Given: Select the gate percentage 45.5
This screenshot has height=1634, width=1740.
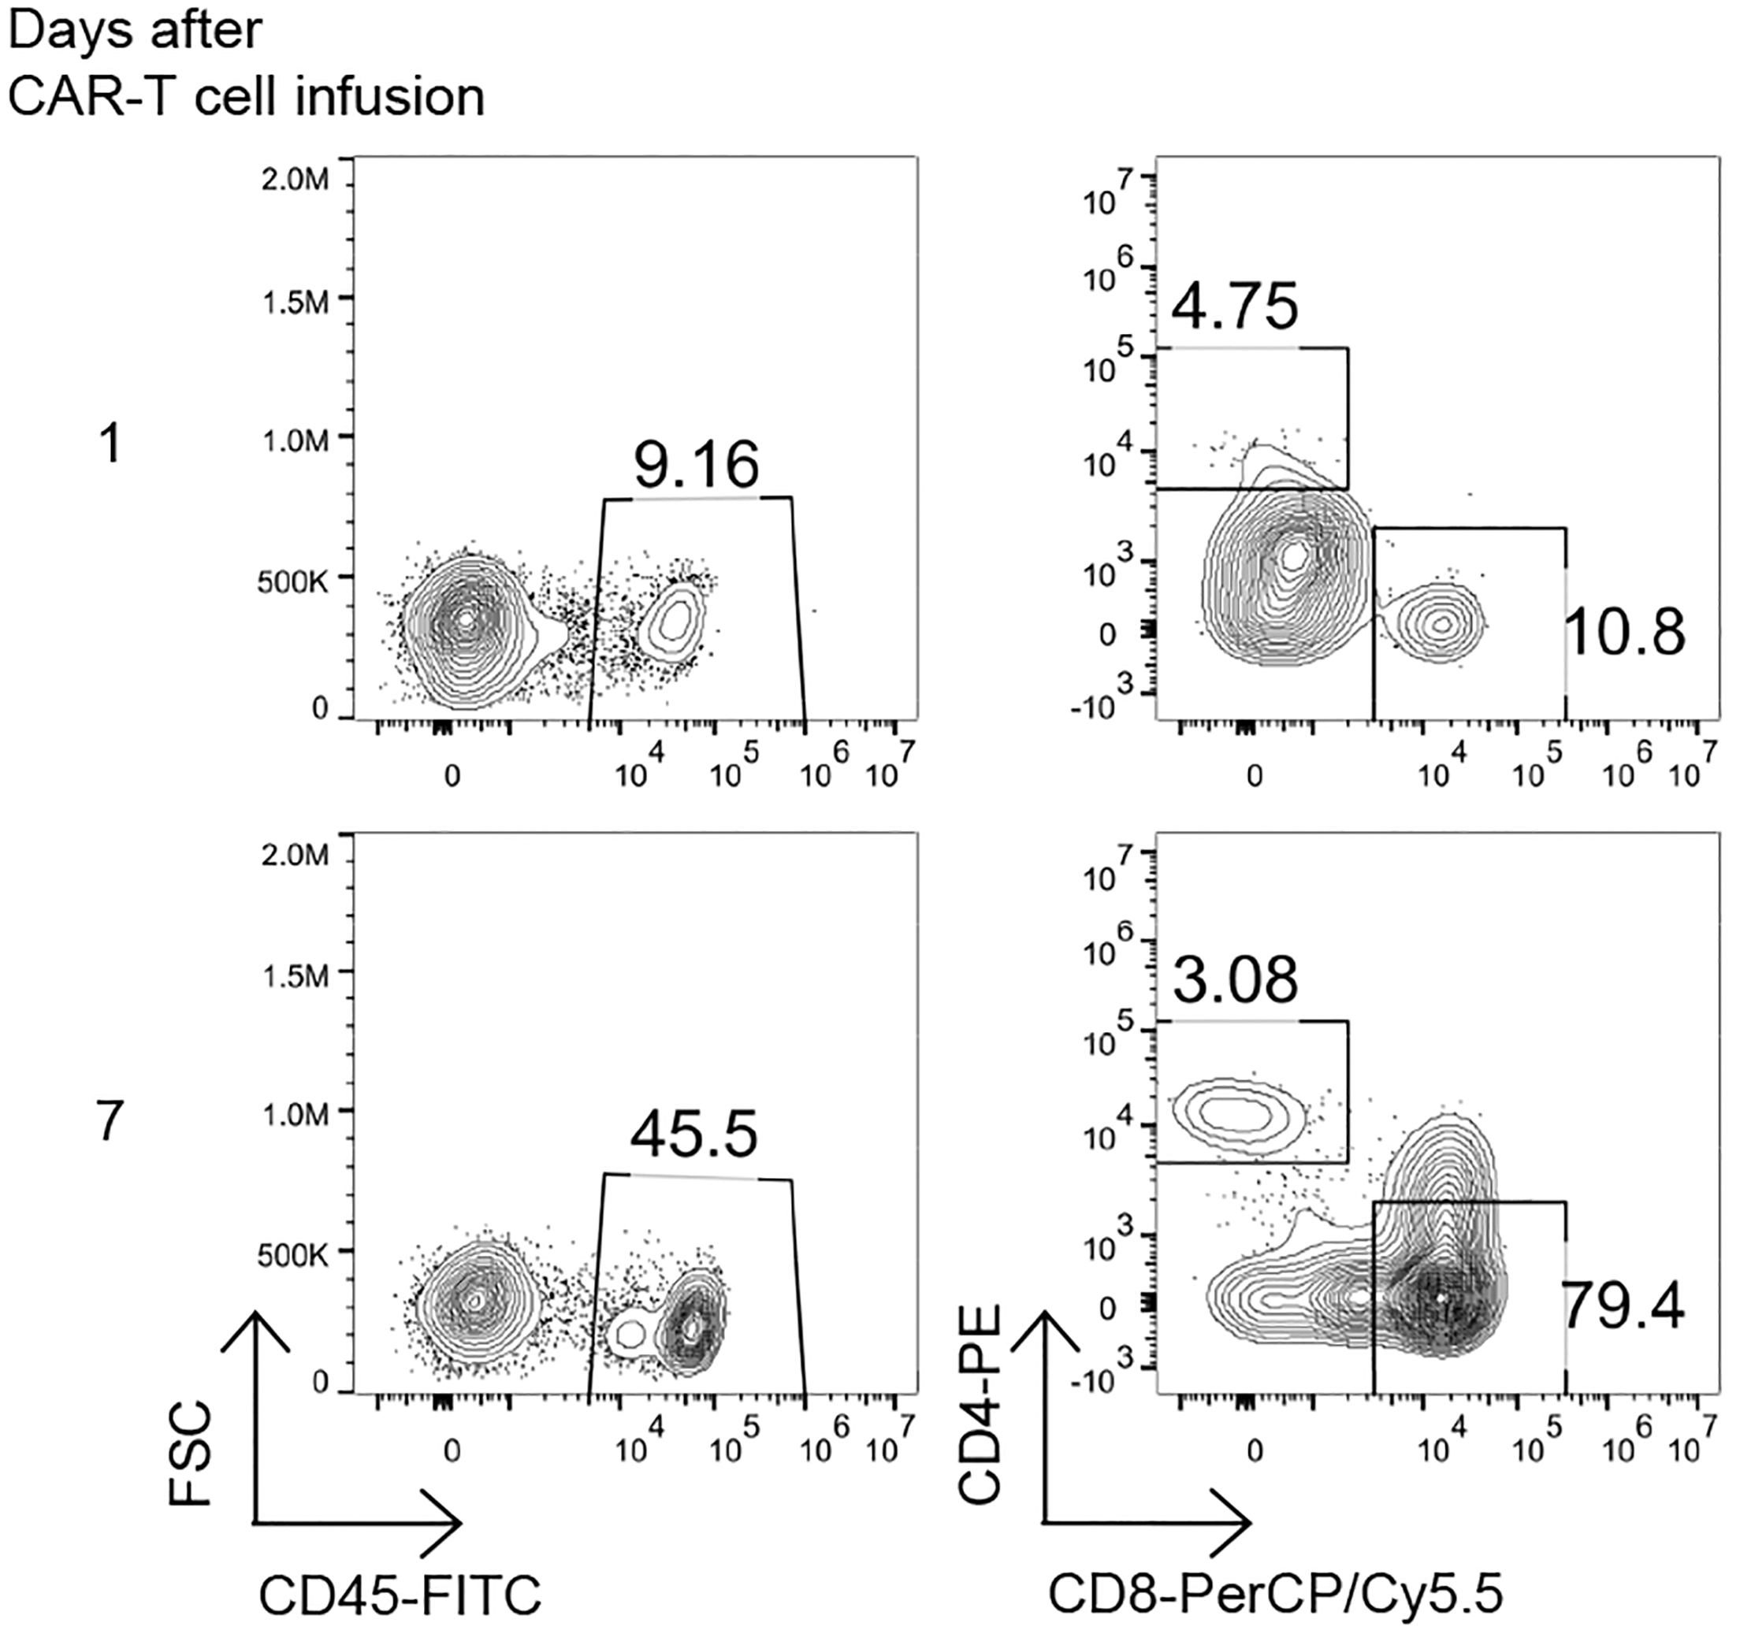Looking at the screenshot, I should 693,1135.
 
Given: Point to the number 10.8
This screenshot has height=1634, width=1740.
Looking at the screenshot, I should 1623,633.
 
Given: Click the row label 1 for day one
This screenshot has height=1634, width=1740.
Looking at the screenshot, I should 110,444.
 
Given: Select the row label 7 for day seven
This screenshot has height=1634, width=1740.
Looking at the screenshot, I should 110,1121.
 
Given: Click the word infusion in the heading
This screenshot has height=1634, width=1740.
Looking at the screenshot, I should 389,96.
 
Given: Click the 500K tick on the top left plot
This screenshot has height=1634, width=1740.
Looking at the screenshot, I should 292,583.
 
